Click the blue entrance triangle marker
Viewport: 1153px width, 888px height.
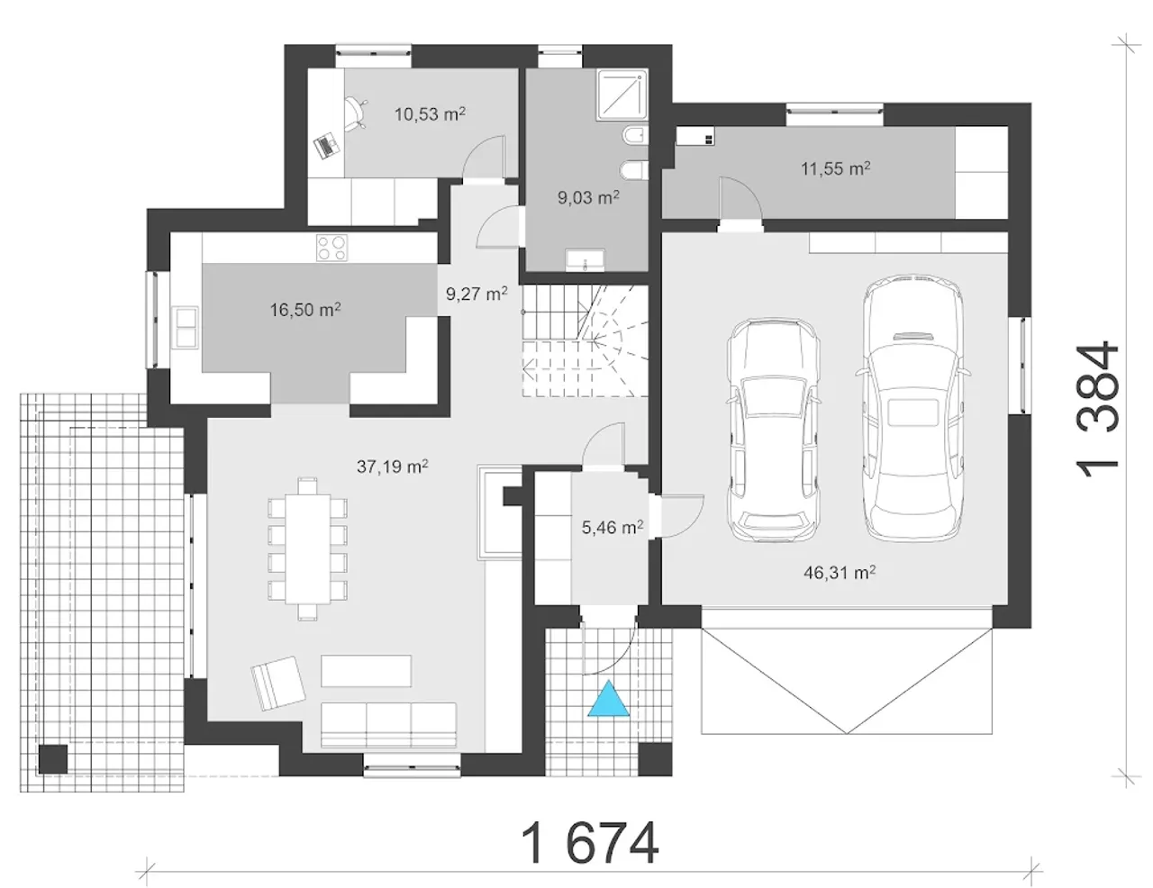click(608, 699)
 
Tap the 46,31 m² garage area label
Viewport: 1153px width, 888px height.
click(840, 573)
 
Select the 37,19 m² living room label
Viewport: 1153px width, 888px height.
click(392, 467)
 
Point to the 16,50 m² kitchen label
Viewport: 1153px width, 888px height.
click(305, 309)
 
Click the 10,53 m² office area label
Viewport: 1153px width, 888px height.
click(430, 114)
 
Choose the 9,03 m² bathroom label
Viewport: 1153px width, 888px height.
click(588, 198)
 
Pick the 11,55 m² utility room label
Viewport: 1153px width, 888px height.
click(835, 168)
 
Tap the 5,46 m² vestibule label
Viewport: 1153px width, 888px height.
click(613, 527)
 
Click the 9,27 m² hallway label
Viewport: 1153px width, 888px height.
click(477, 294)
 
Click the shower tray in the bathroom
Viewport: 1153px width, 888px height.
click(622, 95)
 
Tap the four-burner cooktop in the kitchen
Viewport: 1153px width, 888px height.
click(332, 248)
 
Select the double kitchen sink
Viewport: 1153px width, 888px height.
click(186, 327)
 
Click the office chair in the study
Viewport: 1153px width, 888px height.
click(355, 114)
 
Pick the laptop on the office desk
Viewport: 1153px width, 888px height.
click(326, 146)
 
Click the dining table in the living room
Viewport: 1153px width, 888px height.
click(308, 548)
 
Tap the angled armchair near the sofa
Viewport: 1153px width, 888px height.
click(278, 684)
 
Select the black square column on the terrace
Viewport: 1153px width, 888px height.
click(53, 759)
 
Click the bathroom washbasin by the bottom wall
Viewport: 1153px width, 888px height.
click(585, 260)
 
